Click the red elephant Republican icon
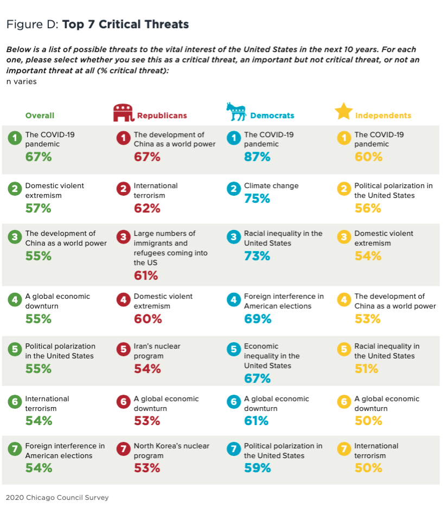tap(123, 113)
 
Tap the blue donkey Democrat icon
tap(236, 112)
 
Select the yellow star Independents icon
tap(343, 111)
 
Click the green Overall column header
tap(40, 115)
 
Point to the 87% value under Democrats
tap(257, 157)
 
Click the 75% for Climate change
tap(257, 199)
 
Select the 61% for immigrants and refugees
tap(146, 276)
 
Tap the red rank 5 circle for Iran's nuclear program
tap(124, 350)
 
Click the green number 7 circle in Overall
tap(15, 449)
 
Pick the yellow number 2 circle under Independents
tap(344, 189)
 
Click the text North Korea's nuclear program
tap(171, 451)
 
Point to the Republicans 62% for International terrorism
tap(147, 209)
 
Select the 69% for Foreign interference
tap(257, 319)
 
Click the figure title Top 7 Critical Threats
tap(125, 24)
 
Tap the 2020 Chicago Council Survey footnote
tap(57, 498)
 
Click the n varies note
tap(21, 81)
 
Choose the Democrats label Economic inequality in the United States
tap(272, 356)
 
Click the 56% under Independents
tap(368, 209)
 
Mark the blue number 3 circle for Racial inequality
tap(234, 237)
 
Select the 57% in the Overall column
tap(39, 209)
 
